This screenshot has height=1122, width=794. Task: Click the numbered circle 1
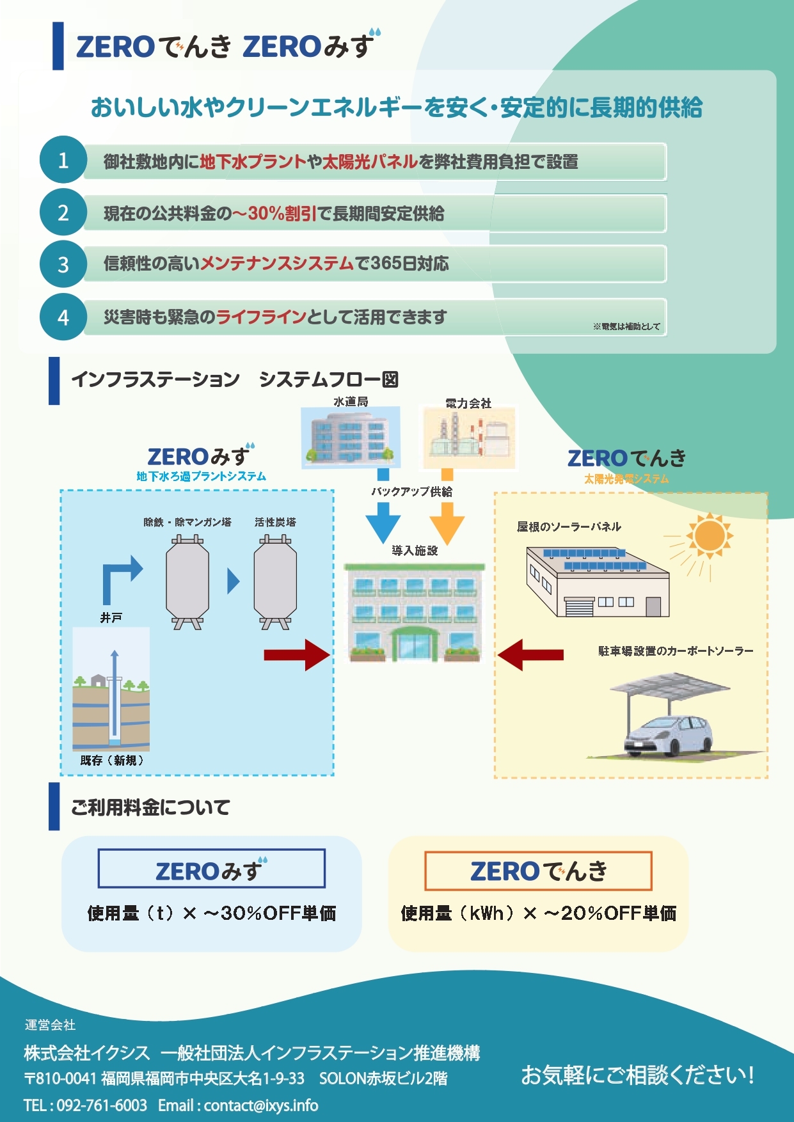(63, 160)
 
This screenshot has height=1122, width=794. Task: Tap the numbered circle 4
(63, 317)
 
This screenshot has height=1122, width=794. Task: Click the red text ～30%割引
(274, 213)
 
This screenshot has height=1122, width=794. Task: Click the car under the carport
(669, 736)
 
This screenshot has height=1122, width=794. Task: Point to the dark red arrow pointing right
(297, 654)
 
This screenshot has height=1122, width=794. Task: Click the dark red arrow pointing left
(530, 654)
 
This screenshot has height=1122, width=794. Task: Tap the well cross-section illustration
(111, 689)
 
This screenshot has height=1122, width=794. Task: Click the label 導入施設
(415, 550)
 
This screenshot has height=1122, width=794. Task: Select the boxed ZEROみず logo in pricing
(212, 869)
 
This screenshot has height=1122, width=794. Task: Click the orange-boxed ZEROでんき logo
(539, 871)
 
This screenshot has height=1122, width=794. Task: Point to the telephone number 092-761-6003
(102, 1105)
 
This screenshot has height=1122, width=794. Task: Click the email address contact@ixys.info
(261, 1105)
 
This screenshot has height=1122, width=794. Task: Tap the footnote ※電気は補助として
(626, 326)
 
